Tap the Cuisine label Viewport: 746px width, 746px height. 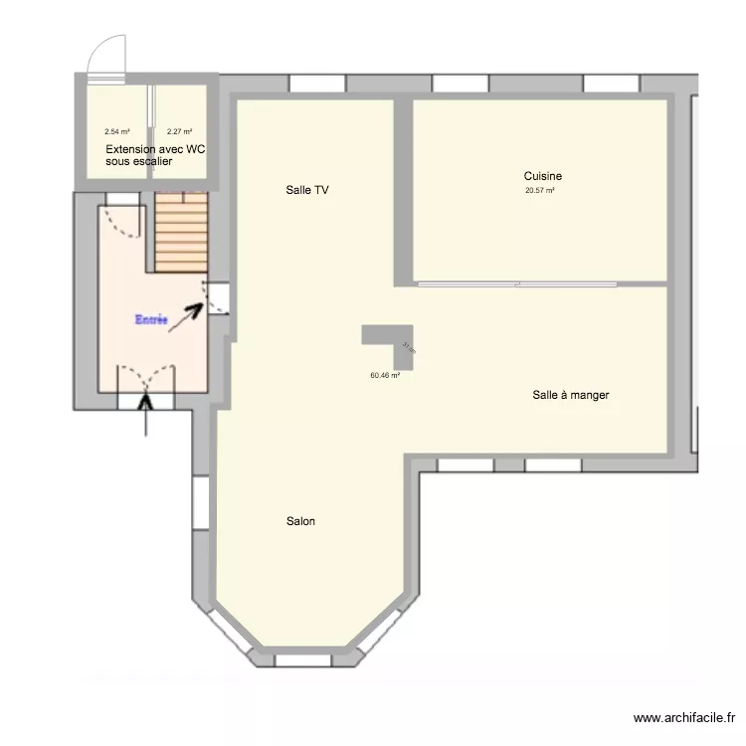[542, 177]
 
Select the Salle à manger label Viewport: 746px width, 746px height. [570, 395]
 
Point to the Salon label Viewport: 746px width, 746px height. [300, 521]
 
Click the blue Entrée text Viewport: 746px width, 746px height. [151, 320]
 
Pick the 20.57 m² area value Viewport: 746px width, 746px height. [540, 191]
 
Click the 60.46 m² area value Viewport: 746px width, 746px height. [384, 376]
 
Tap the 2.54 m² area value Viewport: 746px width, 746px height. [117, 131]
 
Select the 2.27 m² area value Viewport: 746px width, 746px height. [179, 131]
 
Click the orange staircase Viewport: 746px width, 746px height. [180, 232]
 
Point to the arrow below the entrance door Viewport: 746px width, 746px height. [148, 416]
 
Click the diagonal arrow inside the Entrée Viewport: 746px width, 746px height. [186, 316]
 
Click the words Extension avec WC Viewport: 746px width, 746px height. [155, 149]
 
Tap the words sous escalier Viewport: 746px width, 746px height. [138, 161]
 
